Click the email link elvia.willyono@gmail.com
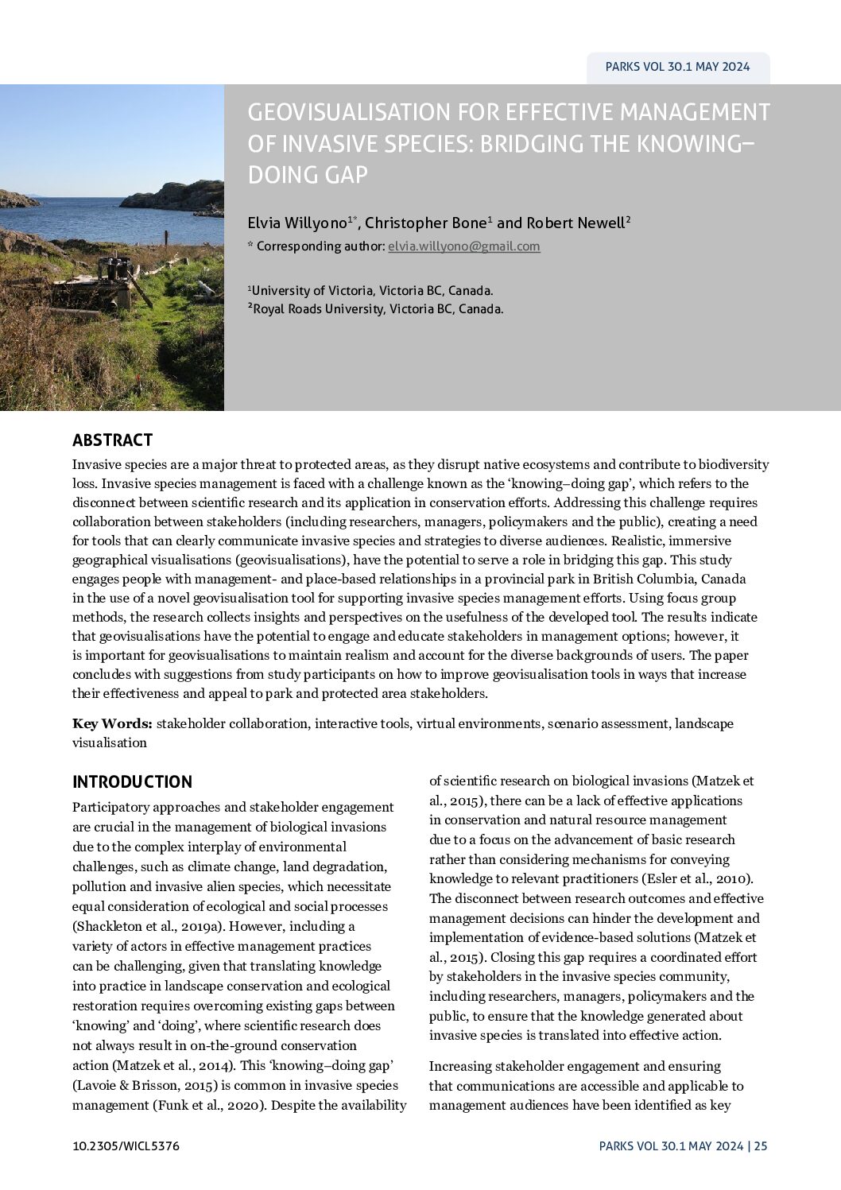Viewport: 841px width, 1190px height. tap(463, 246)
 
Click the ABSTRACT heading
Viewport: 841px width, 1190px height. tap(112, 440)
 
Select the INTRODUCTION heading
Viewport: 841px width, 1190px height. tap(132, 781)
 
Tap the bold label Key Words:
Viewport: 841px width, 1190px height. tap(112, 723)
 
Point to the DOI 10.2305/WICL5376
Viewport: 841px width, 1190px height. tap(126, 1145)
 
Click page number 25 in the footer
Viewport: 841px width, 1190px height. tap(761, 1145)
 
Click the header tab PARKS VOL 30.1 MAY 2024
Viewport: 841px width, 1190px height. tap(677, 67)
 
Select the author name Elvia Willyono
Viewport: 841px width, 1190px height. tap(297, 223)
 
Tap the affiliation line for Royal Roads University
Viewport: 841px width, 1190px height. tap(378, 309)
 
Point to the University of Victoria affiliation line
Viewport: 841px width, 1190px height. tap(372, 291)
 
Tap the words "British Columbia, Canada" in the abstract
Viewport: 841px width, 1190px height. tap(666, 579)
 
